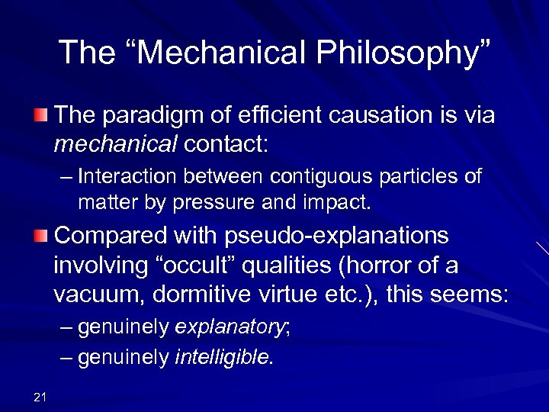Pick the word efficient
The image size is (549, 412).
[283, 116]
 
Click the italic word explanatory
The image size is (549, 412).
[228, 328]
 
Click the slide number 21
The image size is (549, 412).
[40, 395]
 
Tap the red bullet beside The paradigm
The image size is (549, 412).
[40, 115]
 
